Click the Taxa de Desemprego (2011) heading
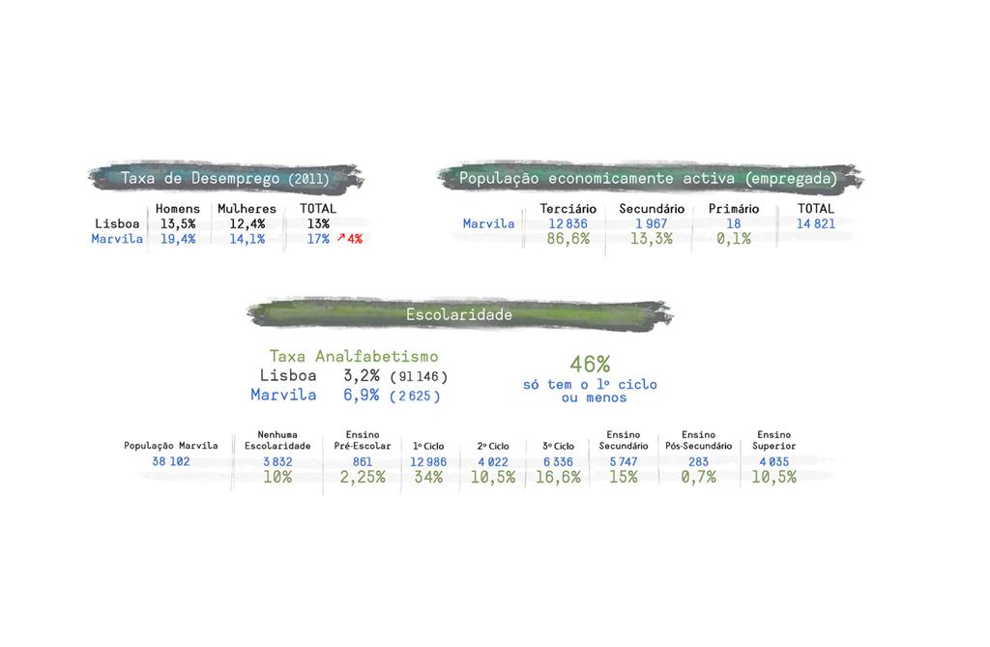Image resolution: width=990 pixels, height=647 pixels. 224,178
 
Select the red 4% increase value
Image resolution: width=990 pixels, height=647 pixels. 354,239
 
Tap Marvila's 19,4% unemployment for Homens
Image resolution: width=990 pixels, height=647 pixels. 178,239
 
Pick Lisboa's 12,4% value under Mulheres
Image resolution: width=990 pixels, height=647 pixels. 247,223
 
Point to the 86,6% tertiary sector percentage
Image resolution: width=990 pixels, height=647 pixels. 568,239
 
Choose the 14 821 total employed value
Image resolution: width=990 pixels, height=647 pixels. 816,223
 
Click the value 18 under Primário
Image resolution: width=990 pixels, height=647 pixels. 733,223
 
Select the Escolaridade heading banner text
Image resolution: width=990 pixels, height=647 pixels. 459,314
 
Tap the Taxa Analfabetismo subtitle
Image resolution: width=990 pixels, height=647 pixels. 353,357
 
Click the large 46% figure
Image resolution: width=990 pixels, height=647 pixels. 590,364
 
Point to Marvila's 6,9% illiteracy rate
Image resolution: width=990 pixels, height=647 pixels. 362,395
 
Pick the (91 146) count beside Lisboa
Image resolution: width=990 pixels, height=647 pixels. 419,376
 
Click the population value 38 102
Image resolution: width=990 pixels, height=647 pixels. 171,461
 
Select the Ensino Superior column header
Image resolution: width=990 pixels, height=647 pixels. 773,440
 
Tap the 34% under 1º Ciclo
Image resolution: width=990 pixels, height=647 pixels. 428,477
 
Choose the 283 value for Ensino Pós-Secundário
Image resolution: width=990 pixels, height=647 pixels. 698,461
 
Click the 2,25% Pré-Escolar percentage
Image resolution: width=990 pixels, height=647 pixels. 362,477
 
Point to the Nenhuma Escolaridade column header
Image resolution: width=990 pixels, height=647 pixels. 277,440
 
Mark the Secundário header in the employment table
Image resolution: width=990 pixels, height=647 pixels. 652,209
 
